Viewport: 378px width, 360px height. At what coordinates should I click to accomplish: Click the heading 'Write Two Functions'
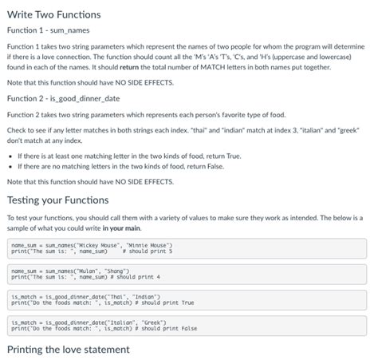pyautogui.click(x=53, y=14)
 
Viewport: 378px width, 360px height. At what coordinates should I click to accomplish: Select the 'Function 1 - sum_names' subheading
pyautogui.click(x=47, y=30)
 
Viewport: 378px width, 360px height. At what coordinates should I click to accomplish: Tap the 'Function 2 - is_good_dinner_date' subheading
pyautogui.click(x=62, y=99)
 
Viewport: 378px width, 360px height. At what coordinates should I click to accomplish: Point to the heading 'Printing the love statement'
pyautogui.click(x=68, y=350)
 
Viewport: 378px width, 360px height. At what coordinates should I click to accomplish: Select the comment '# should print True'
pyautogui.click(x=167, y=303)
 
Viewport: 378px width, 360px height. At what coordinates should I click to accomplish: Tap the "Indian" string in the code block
pyautogui.click(x=138, y=297)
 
